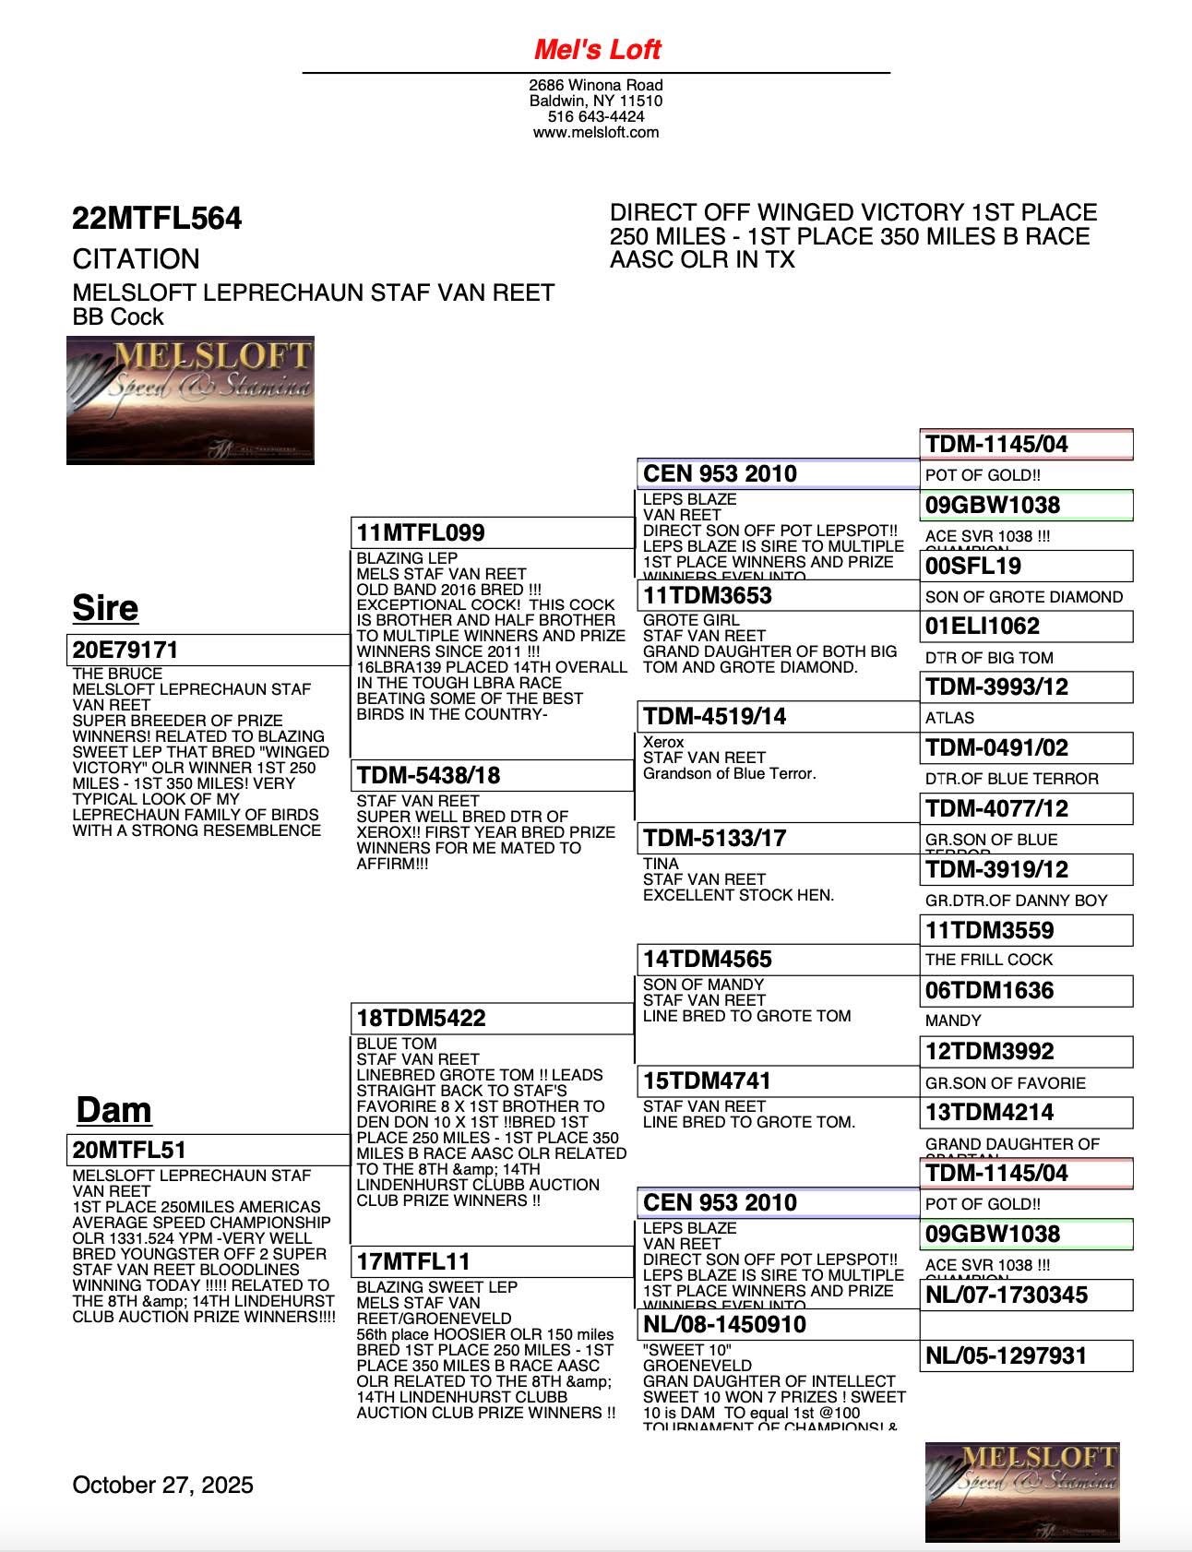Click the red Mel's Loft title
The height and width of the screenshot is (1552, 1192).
[x=597, y=49]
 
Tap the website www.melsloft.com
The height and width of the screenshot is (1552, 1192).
[x=596, y=132]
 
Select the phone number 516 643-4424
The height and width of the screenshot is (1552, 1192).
[x=596, y=116]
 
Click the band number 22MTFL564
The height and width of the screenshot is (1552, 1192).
[x=157, y=219]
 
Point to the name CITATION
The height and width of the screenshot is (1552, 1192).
[x=136, y=258]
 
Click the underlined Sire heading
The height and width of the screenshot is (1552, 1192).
[x=105, y=608]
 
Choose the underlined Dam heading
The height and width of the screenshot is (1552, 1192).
[x=113, y=1109]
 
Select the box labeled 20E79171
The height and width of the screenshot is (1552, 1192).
[x=208, y=650]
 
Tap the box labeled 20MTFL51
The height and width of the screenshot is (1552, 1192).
[x=208, y=1150]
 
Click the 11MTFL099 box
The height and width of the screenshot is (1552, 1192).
[x=493, y=533]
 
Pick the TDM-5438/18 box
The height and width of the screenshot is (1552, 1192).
[x=493, y=775]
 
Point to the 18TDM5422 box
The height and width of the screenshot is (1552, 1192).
[x=493, y=1018]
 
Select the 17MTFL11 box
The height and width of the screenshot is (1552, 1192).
[x=493, y=1261]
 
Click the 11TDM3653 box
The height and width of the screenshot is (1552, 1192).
[x=778, y=595]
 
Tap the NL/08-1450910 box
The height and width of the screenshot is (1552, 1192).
[x=778, y=1325]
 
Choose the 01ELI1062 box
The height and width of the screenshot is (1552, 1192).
[x=1026, y=627]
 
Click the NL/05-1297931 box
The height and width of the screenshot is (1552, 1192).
[x=1026, y=1355]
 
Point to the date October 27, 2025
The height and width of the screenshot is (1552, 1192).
[x=162, y=1485]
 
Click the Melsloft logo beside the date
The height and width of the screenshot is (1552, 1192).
[x=1022, y=1492]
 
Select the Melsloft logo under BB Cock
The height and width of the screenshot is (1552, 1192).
[x=190, y=400]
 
